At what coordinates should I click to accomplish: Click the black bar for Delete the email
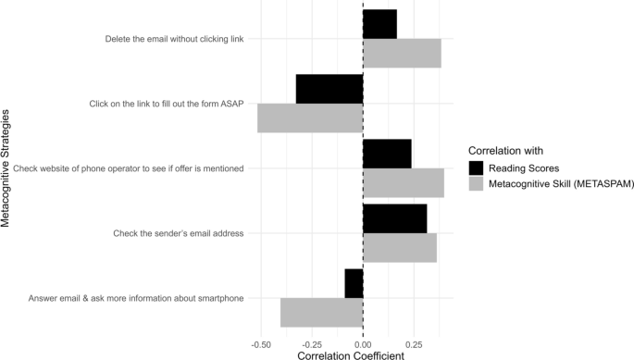point(379,24)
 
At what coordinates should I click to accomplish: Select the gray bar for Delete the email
point(402,53)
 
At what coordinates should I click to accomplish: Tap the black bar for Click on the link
point(329,89)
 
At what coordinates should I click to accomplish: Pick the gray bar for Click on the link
point(310,118)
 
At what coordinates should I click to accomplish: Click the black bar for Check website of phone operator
point(387,154)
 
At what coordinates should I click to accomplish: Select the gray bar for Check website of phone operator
point(404,182)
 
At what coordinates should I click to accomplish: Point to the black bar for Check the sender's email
point(395,218)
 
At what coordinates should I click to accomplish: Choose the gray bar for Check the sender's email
point(400,247)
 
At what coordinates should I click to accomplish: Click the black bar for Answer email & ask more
point(354,283)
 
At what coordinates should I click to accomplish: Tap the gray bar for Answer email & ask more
point(321,312)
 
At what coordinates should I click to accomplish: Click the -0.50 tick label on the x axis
point(259,341)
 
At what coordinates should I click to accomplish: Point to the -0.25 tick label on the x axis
point(311,341)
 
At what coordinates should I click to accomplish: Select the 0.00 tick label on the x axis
point(363,341)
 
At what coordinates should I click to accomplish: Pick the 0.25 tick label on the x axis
point(415,341)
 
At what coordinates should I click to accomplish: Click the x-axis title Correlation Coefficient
point(352,354)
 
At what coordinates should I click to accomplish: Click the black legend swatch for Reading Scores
point(478,168)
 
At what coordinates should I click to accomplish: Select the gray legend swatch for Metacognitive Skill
point(478,183)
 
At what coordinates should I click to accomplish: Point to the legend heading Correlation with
point(505,150)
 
